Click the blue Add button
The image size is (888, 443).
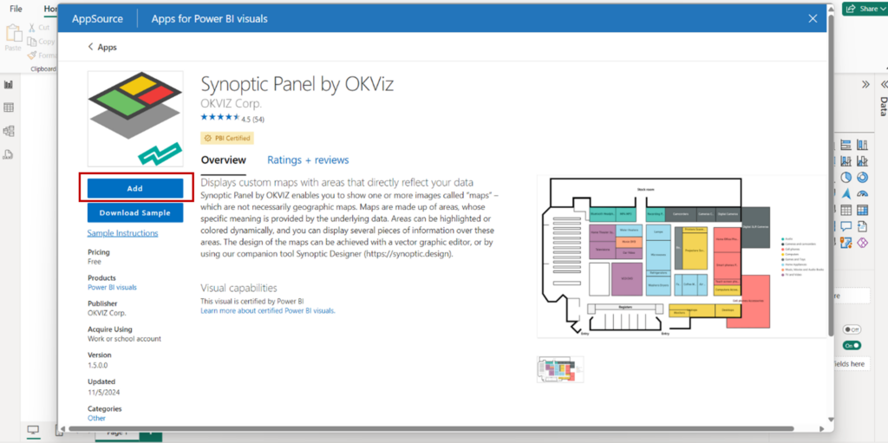[134, 188]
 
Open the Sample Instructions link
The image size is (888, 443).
[122, 233]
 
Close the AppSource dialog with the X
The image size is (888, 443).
[813, 18]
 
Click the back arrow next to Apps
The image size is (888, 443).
[90, 48]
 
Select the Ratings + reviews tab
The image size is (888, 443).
[308, 160]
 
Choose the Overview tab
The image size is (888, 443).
[223, 160]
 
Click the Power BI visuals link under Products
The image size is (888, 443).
[112, 287]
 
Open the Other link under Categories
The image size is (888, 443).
[96, 418]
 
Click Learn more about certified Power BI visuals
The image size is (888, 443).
[267, 310]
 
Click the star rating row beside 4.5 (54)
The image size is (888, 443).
[219, 118]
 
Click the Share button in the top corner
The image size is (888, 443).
[863, 9]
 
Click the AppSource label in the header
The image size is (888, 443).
[96, 18]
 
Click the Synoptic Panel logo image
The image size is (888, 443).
[134, 119]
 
